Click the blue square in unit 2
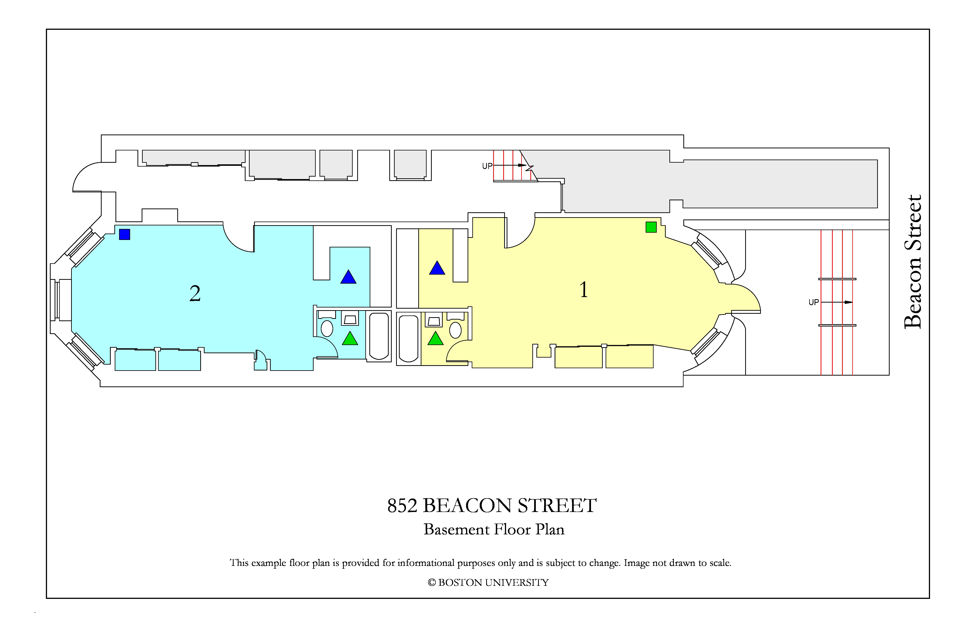pos(124,234)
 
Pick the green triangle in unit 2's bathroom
pos(350,339)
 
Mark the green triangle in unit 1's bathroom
pos(436,339)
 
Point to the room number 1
pos(583,290)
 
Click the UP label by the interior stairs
pos(487,166)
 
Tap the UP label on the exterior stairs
pos(814,302)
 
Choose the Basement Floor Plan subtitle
pos(494,529)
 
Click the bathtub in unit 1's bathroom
pos(408,339)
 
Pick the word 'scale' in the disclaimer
pos(720,563)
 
